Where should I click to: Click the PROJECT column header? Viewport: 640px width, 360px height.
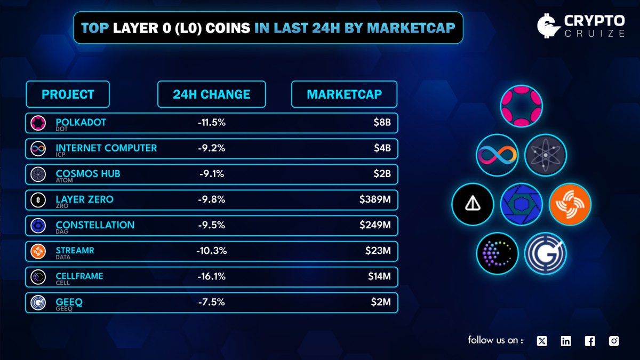pos(68,94)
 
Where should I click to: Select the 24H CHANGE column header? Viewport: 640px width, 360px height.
pos(211,94)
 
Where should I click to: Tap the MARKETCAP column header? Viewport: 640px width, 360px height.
pos(344,94)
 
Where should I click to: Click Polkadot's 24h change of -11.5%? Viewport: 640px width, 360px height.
pos(211,123)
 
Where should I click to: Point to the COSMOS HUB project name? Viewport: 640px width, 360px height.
pos(88,173)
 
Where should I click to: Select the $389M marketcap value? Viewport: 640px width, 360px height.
pos(375,199)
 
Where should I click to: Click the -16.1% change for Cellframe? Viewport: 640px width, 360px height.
pos(211,276)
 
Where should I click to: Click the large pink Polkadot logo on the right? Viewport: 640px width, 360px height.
pos(521,105)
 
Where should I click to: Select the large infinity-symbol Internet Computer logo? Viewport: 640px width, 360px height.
pos(497,155)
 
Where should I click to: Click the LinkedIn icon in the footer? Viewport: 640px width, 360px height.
pos(566,341)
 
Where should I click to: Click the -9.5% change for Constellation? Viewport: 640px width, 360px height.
pos(211,225)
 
